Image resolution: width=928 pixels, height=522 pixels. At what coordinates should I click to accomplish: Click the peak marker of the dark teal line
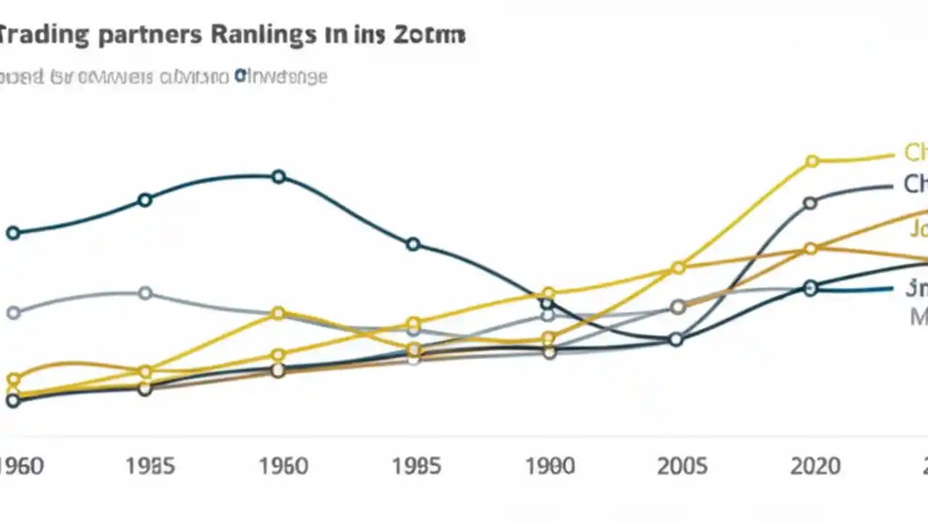coord(279,177)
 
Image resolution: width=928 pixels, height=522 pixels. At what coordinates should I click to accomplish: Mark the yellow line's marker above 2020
coord(812,161)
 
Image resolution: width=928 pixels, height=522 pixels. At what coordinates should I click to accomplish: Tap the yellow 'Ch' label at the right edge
coord(916,152)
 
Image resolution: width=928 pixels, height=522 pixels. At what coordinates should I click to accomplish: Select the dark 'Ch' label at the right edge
coord(915,184)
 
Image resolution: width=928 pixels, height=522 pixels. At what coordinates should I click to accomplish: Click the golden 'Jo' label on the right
coord(919,230)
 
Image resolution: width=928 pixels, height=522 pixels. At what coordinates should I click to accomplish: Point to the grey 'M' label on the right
coord(919,316)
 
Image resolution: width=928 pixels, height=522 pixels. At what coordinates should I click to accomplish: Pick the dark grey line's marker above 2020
coord(811,204)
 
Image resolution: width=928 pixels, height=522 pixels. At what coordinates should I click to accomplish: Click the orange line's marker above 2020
coord(811,249)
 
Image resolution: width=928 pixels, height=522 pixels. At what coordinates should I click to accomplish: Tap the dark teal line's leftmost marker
coord(13,233)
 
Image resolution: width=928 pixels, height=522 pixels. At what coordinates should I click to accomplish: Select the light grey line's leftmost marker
coord(13,313)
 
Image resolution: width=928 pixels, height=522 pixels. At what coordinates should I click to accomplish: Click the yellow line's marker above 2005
coord(679,268)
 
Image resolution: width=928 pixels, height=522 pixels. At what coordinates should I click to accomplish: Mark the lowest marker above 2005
coord(676,339)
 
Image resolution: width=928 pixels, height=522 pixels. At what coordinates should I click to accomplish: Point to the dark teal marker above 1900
coord(547,303)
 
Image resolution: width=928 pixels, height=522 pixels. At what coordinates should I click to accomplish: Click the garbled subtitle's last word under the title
coord(281,76)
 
